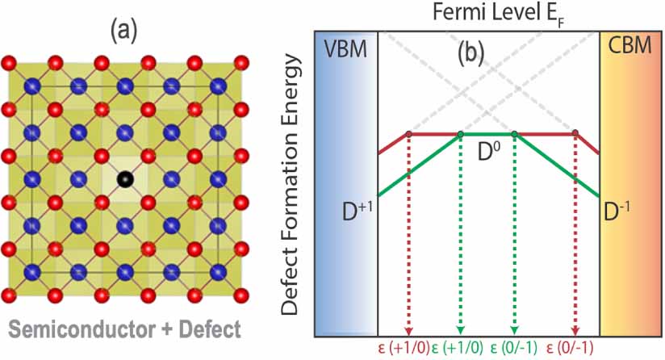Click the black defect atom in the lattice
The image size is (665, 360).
pos(123,178)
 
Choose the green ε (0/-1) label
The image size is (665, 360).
pos(516,349)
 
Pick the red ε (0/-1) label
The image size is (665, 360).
pos(574,349)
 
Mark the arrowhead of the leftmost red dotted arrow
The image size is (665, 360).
pos(409,330)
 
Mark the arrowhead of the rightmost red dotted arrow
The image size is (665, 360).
pos(575,330)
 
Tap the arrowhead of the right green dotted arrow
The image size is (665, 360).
pos(515,330)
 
